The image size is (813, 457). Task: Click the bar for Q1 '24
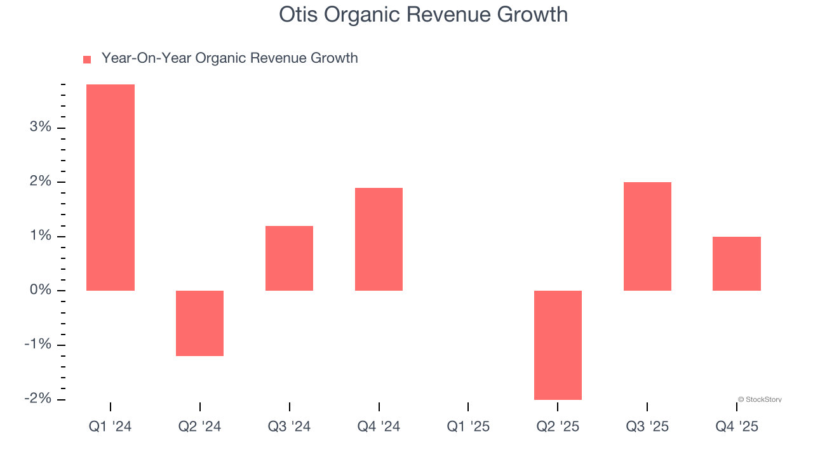(x=110, y=187)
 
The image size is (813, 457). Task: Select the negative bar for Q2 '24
(x=199, y=323)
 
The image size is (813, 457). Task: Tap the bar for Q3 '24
(x=289, y=258)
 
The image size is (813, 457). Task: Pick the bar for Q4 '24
(x=379, y=239)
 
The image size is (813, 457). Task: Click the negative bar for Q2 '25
(x=558, y=345)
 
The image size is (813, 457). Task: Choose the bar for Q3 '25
(x=647, y=236)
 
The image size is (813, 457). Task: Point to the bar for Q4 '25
(x=737, y=263)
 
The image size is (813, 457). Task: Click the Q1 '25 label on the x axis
(x=468, y=427)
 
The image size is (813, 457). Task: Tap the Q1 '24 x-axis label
(x=110, y=427)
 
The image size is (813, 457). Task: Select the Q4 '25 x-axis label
(x=737, y=427)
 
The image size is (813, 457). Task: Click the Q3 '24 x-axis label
(x=289, y=427)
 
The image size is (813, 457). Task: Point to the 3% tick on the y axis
(x=40, y=127)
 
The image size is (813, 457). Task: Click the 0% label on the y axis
(x=40, y=290)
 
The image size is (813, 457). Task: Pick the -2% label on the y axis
(x=37, y=399)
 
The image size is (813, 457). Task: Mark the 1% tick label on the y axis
(x=40, y=235)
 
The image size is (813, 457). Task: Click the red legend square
(x=87, y=59)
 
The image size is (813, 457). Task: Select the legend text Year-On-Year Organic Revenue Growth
(x=229, y=58)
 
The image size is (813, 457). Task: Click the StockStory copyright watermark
(x=760, y=400)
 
